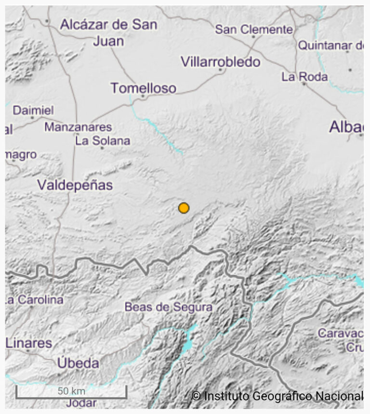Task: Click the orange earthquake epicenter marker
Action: point(184,208)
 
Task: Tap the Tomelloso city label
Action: point(143,88)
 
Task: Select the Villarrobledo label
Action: point(220,62)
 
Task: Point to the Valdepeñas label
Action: point(75,185)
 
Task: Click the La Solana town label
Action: point(103,141)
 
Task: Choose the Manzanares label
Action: point(78,127)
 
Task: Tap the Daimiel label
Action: point(33,110)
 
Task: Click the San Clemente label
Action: point(254,29)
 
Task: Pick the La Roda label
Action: point(304,76)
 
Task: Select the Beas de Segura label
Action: point(168,307)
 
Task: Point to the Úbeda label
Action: point(78,363)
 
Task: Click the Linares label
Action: point(29,343)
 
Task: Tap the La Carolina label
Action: point(35,300)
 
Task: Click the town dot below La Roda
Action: point(304,84)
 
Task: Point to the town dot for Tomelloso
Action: point(143,96)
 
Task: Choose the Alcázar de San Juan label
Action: point(108,32)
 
